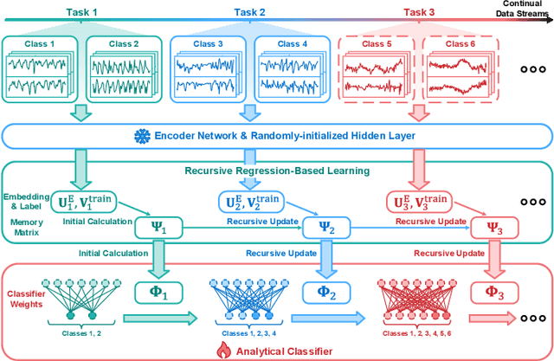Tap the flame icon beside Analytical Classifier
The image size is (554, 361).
point(220,349)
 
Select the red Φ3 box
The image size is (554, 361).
point(489,293)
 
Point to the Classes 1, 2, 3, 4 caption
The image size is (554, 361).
point(252,333)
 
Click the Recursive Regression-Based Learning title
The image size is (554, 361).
point(264,170)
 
